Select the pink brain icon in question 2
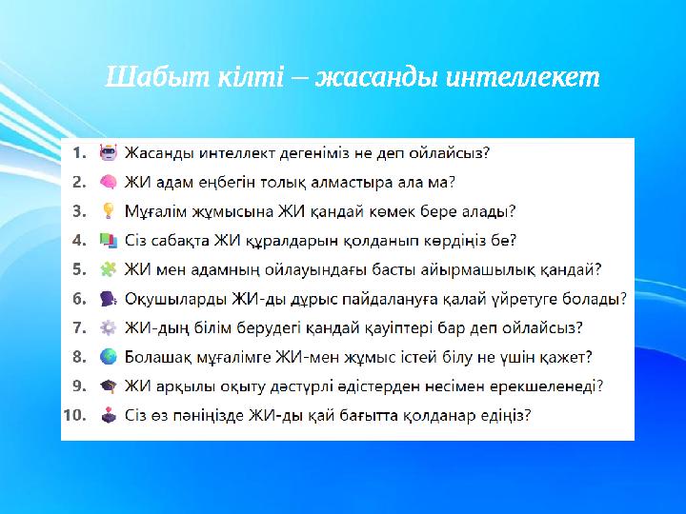(x=109, y=181)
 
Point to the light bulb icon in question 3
(x=109, y=210)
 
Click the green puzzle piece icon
(x=109, y=269)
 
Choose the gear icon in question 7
(x=109, y=327)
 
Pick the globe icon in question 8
(x=109, y=357)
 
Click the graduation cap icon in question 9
(x=109, y=385)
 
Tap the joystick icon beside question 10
(x=109, y=415)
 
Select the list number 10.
(x=75, y=415)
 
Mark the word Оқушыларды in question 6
(x=176, y=298)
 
